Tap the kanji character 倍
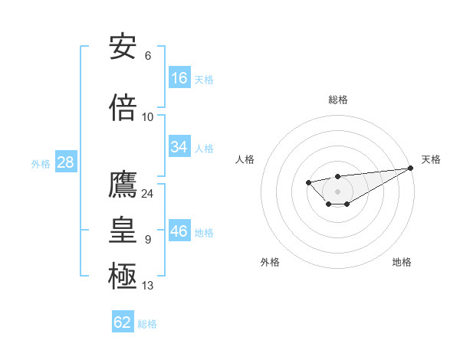point(123,107)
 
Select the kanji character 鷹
point(123,185)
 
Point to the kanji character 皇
point(123,230)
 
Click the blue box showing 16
point(179,78)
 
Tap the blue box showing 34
point(179,147)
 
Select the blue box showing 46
point(179,231)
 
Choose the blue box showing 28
point(65,162)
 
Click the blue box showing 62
point(123,322)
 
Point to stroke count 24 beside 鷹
point(147,193)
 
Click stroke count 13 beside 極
point(147,286)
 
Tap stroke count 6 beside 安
point(147,56)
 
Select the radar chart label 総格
point(337,100)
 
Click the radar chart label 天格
point(431,159)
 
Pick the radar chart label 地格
point(402,262)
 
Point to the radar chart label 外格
point(270,262)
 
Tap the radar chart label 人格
point(245,159)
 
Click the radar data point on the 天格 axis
point(411,168)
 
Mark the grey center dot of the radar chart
point(337,191)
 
